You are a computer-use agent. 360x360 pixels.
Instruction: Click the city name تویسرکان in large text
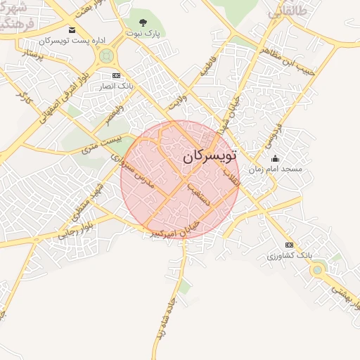(x=210, y=155)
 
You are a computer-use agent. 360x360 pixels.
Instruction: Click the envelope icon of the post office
(x=72, y=30)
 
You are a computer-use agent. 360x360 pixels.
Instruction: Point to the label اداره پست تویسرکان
(x=67, y=41)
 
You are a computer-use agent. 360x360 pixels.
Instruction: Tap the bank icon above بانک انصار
(x=116, y=75)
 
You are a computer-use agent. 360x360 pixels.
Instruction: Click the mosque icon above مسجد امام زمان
(x=275, y=159)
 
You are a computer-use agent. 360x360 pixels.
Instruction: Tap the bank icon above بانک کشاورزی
(x=289, y=245)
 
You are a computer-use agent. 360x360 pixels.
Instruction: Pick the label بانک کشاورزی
(x=288, y=255)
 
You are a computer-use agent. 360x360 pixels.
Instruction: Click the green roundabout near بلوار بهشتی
(x=319, y=269)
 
